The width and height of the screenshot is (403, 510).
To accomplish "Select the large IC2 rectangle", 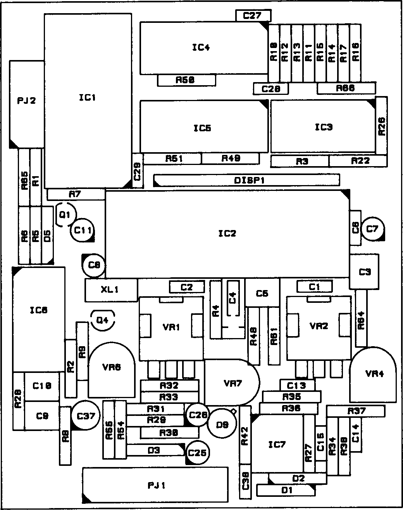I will [x=227, y=234].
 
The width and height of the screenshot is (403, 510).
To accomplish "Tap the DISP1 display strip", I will [x=246, y=180].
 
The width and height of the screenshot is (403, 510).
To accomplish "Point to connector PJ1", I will [x=155, y=486].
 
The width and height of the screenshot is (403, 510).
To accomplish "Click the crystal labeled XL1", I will [x=111, y=290].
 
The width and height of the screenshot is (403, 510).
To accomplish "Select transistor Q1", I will [x=65, y=214].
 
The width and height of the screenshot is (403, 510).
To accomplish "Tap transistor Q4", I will [x=102, y=320].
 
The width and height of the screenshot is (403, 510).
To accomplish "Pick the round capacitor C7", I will [x=372, y=229].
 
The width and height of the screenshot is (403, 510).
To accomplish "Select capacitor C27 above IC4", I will [x=253, y=16].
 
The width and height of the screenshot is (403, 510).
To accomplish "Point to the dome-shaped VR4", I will [x=374, y=374].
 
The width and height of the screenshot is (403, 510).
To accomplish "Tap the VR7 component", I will [x=232, y=383].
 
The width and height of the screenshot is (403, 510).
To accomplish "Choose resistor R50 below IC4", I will [x=186, y=80].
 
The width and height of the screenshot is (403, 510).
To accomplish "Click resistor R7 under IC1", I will [x=76, y=194].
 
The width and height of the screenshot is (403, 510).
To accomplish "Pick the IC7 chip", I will [x=277, y=444].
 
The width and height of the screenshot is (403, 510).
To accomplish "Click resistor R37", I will [x=356, y=411].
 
